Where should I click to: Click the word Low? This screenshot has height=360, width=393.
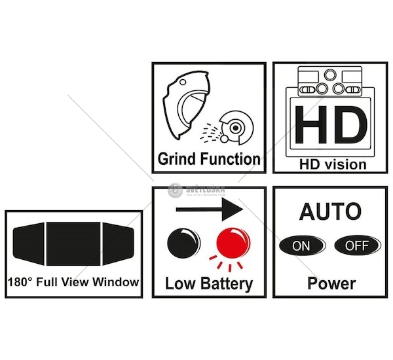click(180, 283)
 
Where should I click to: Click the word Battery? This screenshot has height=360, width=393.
click(227, 283)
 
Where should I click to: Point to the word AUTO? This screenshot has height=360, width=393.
click(329, 211)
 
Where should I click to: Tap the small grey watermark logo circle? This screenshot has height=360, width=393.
click(174, 189)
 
